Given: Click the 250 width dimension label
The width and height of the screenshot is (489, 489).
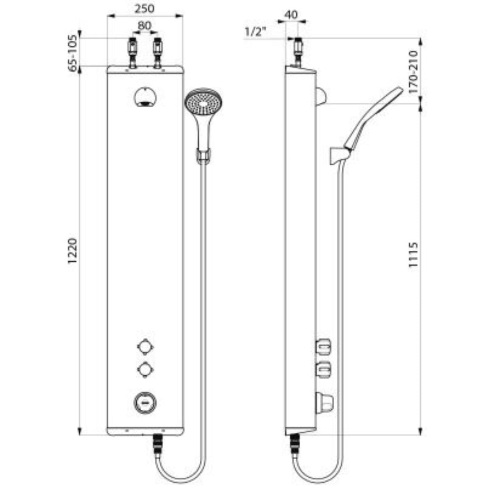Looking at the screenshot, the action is [144, 9].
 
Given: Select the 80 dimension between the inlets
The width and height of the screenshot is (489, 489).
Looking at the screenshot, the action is [144, 25].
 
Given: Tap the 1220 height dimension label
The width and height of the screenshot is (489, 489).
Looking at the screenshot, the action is [72, 251].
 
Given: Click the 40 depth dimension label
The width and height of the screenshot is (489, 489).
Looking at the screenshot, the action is [291, 14].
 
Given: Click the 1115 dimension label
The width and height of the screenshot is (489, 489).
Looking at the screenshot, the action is [413, 254].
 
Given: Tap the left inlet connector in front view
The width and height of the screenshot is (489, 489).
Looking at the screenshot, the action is [132, 53].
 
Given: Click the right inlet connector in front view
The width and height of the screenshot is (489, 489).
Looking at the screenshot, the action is [158, 53].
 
